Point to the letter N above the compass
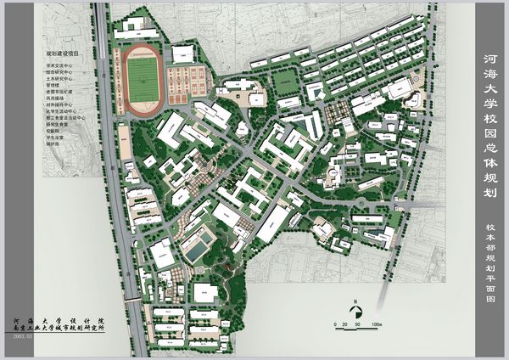(x=357, y=300)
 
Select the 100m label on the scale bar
(x=377, y=325)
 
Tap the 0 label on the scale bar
(x=336, y=325)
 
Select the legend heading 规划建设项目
(x=63, y=53)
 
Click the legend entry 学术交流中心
(x=61, y=64)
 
